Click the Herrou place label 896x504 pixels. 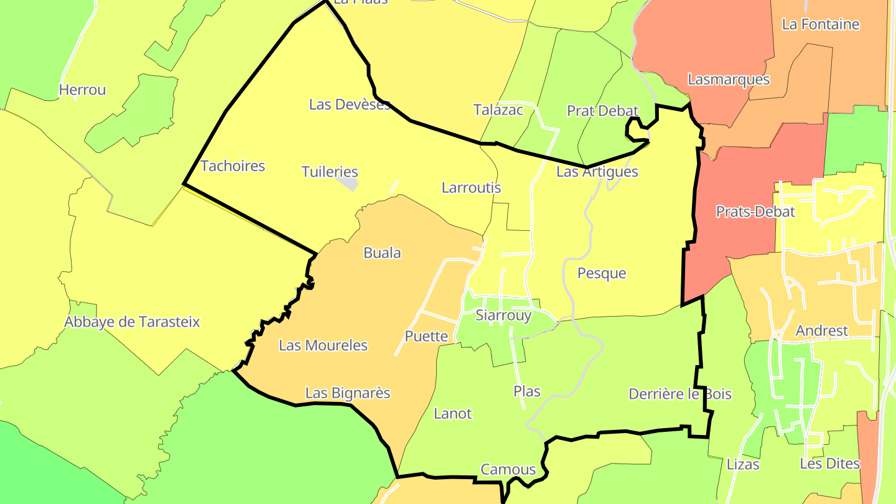point(82,90)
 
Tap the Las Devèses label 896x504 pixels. point(350,105)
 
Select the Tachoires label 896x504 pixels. point(233,166)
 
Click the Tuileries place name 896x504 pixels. point(330,172)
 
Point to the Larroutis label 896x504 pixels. point(471,187)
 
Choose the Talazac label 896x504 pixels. point(498,110)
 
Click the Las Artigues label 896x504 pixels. point(597,172)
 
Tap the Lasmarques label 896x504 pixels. point(729,80)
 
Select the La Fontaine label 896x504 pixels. point(821,25)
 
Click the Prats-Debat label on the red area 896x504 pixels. point(755,212)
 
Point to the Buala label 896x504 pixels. point(382,253)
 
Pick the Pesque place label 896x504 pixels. point(602,273)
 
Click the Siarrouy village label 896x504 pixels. point(503,315)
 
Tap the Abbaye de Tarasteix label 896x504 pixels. point(133,322)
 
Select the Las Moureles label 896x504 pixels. point(323,345)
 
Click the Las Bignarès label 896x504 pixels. point(348,393)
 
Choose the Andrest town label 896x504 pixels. point(822,330)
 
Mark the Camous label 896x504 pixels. point(508,469)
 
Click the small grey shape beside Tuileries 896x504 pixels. point(348,184)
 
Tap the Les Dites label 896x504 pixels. point(829,464)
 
